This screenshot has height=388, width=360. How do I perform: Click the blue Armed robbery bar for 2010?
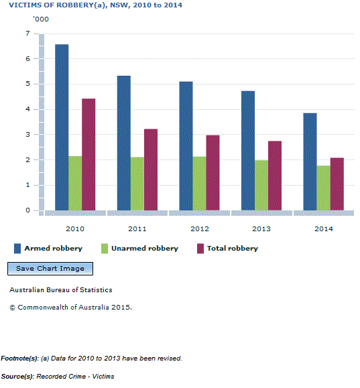pos(62,127)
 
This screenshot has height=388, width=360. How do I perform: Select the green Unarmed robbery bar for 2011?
pos(137,184)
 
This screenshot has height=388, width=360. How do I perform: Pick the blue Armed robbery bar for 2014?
pos(310,161)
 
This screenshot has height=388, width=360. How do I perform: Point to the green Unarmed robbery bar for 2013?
pos(261,185)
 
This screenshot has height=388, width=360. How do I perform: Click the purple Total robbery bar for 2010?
pos(88,154)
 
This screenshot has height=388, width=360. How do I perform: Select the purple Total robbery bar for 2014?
pos(337,184)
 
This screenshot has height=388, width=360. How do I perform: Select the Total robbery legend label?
pos(232,249)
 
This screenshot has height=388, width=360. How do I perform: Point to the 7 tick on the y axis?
pos(27,34)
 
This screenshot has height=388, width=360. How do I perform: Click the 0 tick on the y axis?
pos(27,210)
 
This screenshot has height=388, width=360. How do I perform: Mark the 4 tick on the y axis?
pos(27,109)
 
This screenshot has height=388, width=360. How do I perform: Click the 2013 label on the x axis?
pos(261,229)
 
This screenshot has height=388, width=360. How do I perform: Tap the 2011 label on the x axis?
pos(137,229)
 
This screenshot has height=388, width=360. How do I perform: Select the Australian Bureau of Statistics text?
pos(61,290)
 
